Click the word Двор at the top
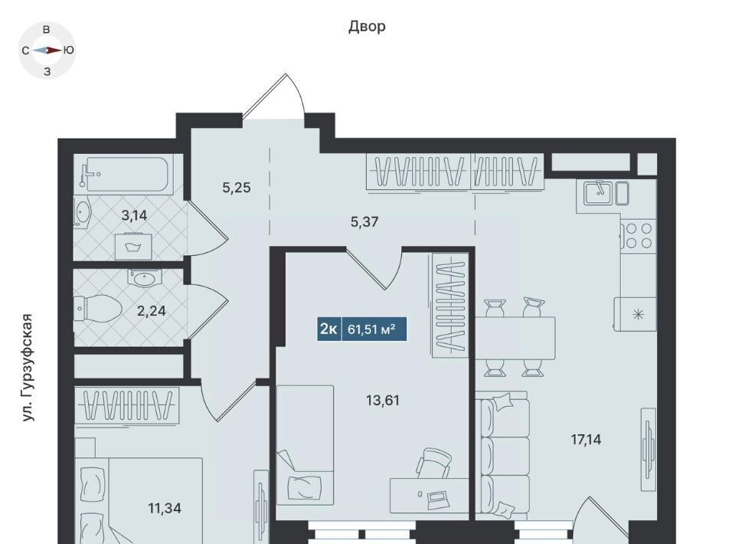367,27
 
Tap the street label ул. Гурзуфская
28,368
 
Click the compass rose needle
47,50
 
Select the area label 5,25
237,188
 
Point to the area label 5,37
364,222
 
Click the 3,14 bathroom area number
134,216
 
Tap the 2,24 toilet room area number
152,311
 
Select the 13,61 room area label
383,401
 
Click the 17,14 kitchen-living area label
586,440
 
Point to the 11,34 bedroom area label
165,508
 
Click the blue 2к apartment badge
328,329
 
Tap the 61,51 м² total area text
371,329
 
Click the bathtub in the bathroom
127,174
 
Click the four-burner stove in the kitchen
638,235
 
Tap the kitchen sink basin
598,193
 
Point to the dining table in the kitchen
515,337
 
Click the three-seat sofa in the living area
502,455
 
